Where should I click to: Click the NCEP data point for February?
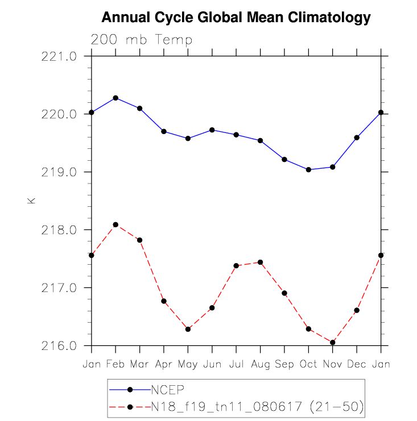tap(115, 98)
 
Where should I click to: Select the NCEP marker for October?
tap(308, 169)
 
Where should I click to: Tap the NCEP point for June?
tap(212, 130)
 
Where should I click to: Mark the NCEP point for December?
tap(357, 137)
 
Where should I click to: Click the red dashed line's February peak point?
tap(115, 224)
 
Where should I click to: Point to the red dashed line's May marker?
tap(188, 329)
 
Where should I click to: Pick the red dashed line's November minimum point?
tap(333, 342)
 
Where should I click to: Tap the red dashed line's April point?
tap(164, 301)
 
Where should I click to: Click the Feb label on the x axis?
tap(115, 364)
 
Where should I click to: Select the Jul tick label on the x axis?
tap(236, 364)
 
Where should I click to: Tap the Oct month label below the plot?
tap(308, 364)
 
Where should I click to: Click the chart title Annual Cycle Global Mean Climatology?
tap(236, 18)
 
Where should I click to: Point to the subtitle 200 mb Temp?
tap(142, 40)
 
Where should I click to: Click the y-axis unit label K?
tap(31, 201)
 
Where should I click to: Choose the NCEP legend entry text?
tap(168, 390)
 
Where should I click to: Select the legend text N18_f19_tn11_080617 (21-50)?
tap(257, 406)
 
